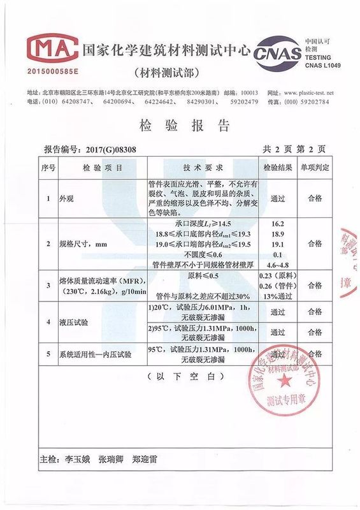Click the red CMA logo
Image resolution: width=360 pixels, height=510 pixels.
click(x=48, y=46)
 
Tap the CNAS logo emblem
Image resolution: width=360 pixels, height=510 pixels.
click(x=278, y=54)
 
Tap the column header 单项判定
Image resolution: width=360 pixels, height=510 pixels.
click(x=315, y=168)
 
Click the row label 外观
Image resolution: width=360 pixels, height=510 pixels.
click(x=66, y=198)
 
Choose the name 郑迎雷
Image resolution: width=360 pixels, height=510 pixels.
click(x=148, y=459)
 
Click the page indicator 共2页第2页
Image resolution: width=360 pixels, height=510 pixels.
click(x=294, y=149)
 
